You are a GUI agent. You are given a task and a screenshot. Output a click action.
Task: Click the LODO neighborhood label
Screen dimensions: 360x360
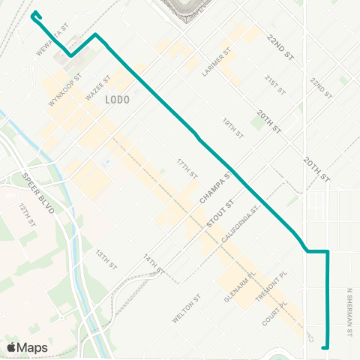coord(118,99)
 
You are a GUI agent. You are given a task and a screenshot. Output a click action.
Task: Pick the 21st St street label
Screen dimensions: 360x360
coord(275,84)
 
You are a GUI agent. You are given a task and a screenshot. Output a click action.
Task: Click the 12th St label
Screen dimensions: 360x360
coord(28,215)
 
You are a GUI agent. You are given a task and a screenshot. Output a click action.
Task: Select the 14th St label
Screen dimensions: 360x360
coord(154,263)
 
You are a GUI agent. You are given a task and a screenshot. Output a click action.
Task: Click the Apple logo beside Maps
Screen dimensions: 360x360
coord(12,347)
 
